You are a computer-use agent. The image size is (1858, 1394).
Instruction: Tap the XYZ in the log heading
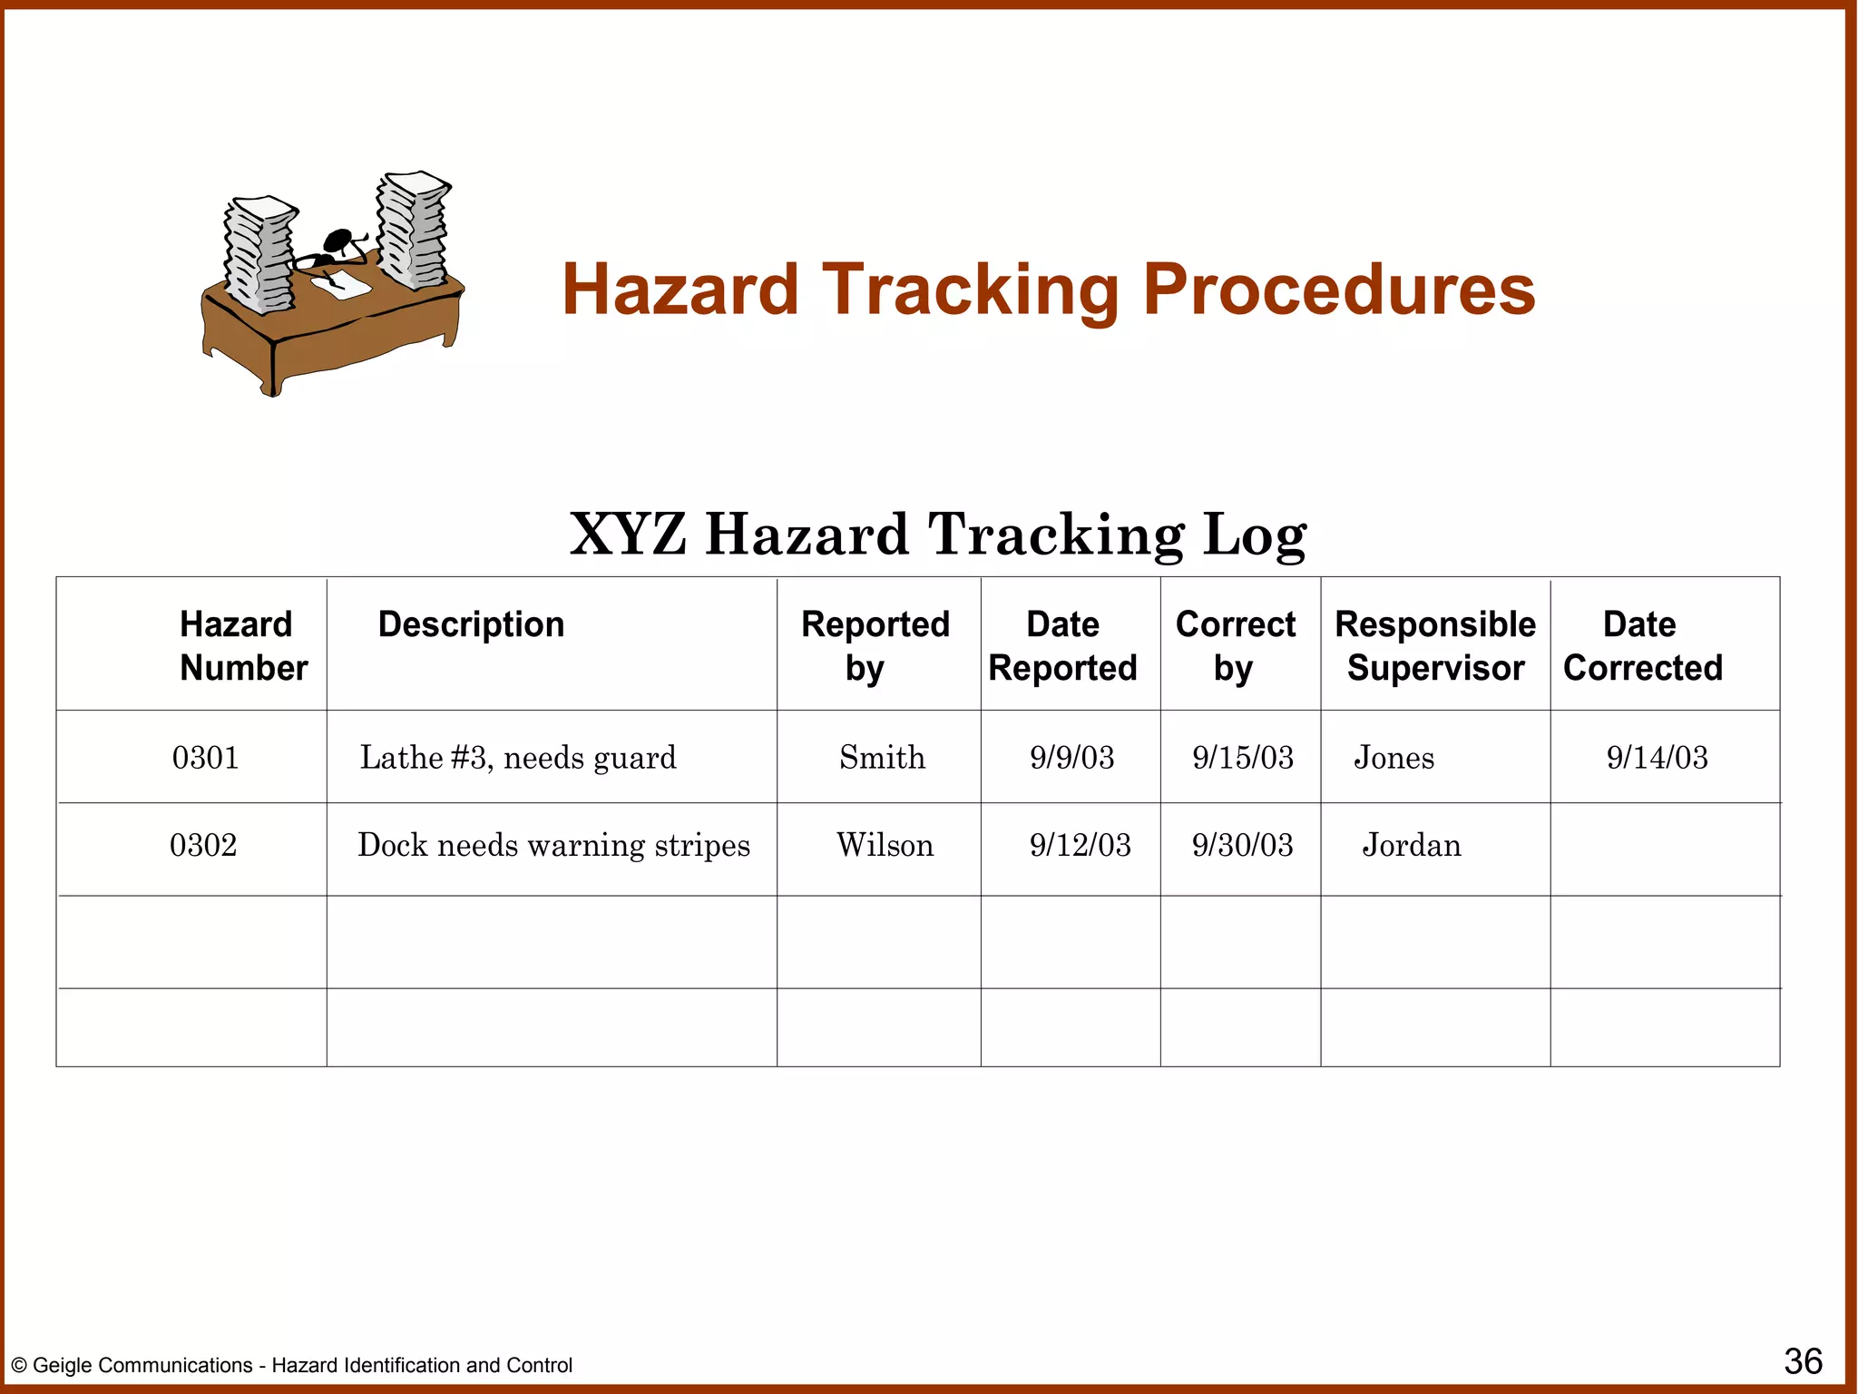coord(627,535)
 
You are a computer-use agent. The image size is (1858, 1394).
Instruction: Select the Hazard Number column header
coord(242,645)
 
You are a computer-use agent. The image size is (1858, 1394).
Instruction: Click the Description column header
coord(471,624)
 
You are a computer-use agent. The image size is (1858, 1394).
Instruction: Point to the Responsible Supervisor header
coord(1435,645)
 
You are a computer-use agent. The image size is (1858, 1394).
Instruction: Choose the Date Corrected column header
coord(1642,645)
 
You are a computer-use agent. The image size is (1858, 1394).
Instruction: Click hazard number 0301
coord(205,757)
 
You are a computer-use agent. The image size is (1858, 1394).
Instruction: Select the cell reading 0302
coord(203,845)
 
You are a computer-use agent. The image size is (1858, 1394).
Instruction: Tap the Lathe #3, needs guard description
coord(518,757)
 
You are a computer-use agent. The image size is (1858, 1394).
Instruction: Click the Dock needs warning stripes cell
coord(553,845)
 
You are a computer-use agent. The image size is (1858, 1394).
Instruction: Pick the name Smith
coord(882,757)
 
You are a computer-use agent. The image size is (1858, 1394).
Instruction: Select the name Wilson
coord(885,845)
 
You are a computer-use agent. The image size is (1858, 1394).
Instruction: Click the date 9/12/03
coord(1080,845)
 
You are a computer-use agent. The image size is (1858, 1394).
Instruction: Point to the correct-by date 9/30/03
coord(1242,845)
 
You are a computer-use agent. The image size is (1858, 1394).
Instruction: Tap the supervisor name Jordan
coord(1412,845)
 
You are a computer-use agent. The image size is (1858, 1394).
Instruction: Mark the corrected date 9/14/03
coord(1657,757)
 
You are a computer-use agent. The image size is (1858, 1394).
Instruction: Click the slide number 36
coord(1803,1361)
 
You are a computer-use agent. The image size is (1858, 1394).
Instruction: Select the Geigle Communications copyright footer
coord(291,1365)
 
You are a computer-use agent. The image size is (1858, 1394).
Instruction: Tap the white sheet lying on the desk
coord(342,283)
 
